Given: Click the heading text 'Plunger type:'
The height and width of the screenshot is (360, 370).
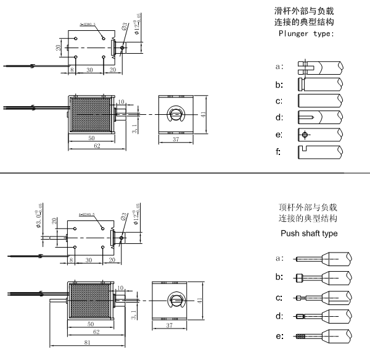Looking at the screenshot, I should coord(306,33).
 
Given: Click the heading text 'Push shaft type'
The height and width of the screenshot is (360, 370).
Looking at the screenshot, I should coord(309,233).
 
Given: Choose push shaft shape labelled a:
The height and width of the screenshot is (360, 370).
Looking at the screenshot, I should coord(323,258).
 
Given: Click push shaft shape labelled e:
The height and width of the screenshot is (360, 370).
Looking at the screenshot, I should coord(323,337).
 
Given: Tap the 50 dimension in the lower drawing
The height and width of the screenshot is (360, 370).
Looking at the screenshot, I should coord(90,323).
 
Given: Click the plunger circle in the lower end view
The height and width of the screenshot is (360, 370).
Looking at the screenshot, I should coord(176,302).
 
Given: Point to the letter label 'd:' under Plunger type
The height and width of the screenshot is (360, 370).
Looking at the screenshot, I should coord(279,117).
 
